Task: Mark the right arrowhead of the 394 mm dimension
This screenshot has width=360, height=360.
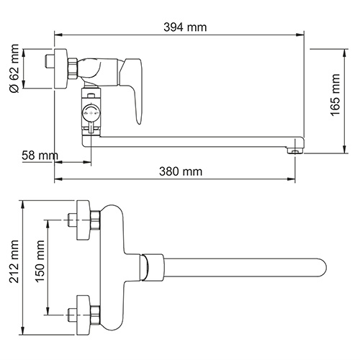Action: click(298, 35)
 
